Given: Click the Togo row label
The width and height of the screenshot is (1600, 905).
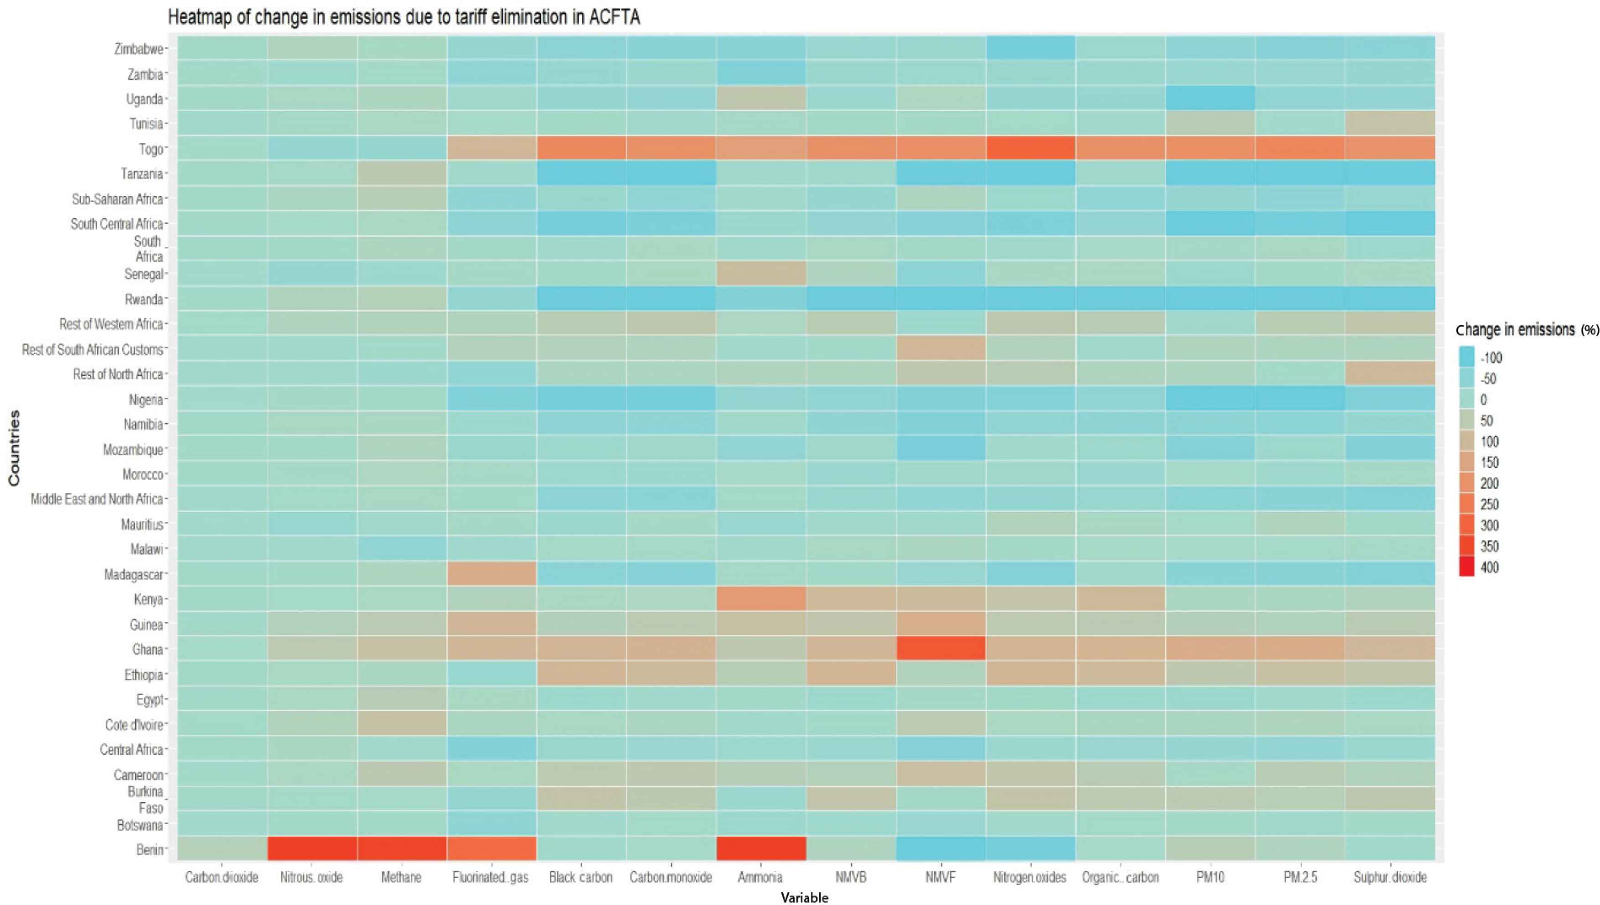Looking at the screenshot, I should (151, 149).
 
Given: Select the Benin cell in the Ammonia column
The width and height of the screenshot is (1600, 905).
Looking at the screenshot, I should (761, 849).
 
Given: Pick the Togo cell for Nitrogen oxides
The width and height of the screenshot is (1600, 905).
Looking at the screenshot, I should (1030, 149).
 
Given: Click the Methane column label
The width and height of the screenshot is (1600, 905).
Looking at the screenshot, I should (401, 878).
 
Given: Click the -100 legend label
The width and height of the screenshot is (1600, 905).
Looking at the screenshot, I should (1491, 358).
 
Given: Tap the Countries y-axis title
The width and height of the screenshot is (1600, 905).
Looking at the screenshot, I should (14, 447).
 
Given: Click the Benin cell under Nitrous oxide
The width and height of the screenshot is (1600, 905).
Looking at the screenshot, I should (312, 849).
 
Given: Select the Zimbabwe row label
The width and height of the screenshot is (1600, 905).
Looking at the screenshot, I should (139, 49).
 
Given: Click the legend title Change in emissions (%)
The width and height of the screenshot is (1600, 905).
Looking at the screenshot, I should (1527, 330).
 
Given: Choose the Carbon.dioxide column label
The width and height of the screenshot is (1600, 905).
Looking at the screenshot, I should (222, 878).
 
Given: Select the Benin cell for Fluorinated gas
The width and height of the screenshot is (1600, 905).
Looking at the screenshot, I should (491, 849).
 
